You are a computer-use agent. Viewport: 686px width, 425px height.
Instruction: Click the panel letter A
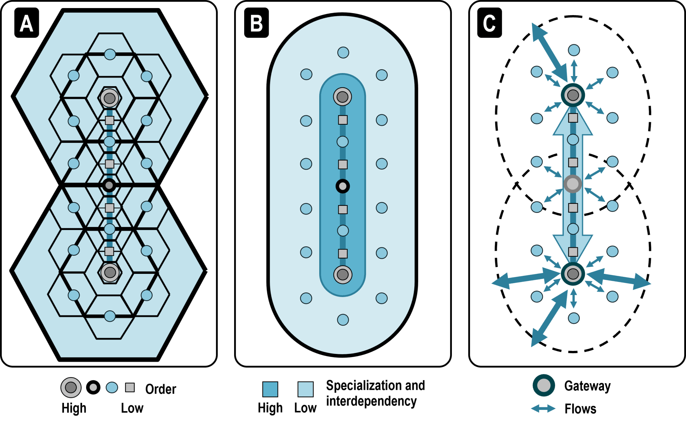(x=26, y=23)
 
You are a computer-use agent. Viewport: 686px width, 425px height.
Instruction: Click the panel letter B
(x=257, y=23)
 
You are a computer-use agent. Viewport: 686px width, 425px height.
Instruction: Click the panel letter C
(x=489, y=23)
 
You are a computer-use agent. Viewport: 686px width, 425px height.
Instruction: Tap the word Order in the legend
(x=161, y=389)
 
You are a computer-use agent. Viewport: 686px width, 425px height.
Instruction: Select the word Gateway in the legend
(x=587, y=386)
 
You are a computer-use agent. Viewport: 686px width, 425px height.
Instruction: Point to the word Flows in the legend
(x=580, y=409)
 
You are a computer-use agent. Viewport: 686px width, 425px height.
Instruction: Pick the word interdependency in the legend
(x=371, y=401)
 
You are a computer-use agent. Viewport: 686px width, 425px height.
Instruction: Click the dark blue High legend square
(x=270, y=389)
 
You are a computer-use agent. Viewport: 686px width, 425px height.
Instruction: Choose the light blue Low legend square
(x=305, y=389)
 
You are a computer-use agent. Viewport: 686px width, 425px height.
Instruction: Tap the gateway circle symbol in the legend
(x=544, y=385)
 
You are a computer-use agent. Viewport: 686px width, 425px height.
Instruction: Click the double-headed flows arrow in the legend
(x=543, y=409)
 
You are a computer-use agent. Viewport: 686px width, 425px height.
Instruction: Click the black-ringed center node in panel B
(x=343, y=186)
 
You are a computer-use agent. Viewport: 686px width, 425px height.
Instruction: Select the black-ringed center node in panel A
(x=109, y=185)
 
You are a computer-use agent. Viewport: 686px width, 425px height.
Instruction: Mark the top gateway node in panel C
(x=573, y=95)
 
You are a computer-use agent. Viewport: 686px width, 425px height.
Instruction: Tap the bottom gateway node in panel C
(x=573, y=274)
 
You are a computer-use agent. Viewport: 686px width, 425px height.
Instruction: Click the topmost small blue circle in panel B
(x=343, y=53)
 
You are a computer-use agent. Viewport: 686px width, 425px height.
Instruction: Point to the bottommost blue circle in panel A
(x=110, y=316)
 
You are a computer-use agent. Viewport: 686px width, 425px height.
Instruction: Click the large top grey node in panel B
(x=342, y=97)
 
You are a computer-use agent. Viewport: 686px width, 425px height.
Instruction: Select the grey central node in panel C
(x=572, y=184)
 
